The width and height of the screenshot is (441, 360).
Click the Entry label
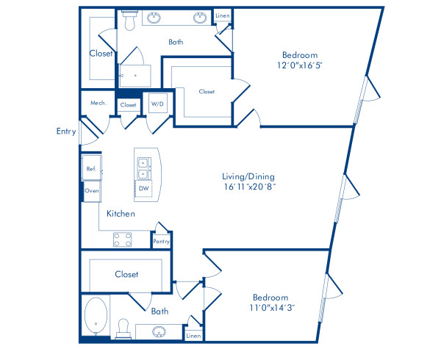pyautogui.click(x=66, y=132)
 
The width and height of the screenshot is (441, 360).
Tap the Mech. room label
pyautogui.click(x=98, y=104)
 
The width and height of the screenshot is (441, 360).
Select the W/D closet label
pyautogui.click(x=158, y=105)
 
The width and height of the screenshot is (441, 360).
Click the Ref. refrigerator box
pyautogui.click(x=91, y=168)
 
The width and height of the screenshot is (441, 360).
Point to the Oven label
pyautogui.click(x=91, y=190)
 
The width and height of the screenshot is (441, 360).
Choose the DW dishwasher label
pyautogui.click(x=144, y=188)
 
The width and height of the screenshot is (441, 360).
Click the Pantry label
pyautogui.click(x=161, y=241)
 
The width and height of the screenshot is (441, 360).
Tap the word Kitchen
pyautogui.click(x=120, y=214)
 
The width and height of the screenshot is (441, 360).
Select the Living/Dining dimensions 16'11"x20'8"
pyautogui.click(x=249, y=187)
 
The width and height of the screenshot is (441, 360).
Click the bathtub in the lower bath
pyautogui.click(x=96, y=317)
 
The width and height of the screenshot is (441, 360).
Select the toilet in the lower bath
pyautogui.click(x=124, y=325)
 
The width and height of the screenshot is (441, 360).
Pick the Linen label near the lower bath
pyautogui.click(x=193, y=336)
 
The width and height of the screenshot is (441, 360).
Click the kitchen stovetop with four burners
pyautogui.click(x=122, y=239)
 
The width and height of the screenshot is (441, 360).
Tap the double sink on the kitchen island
pyautogui.click(x=143, y=168)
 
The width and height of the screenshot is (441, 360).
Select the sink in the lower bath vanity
pyautogui.click(x=159, y=332)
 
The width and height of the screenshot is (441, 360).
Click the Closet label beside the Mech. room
pyautogui.click(x=128, y=105)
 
